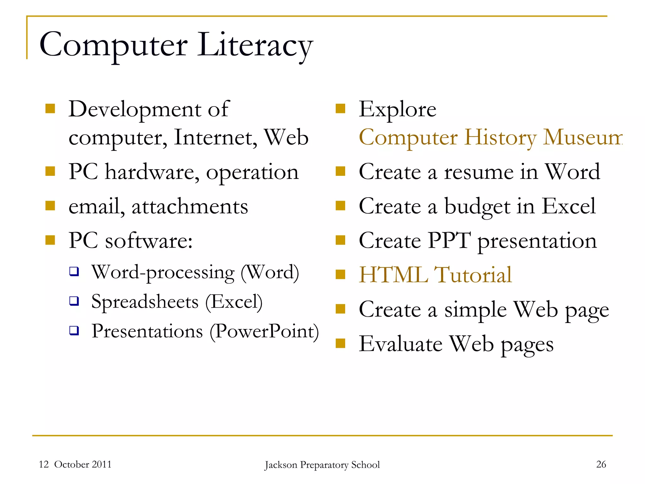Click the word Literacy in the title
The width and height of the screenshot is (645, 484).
tap(255, 46)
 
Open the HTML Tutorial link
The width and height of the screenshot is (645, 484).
tap(435, 275)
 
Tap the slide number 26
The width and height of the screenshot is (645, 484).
tap(601, 464)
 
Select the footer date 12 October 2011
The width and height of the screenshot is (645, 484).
tap(75, 464)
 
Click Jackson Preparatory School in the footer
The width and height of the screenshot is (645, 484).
tap(322, 465)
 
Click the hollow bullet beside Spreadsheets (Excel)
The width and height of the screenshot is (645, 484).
tap(74, 301)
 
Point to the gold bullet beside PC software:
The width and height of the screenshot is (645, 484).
tap(50, 240)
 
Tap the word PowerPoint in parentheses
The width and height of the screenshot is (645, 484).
tap(264, 331)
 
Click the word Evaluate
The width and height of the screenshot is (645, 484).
tap(401, 344)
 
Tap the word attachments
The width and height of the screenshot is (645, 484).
tap(190, 207)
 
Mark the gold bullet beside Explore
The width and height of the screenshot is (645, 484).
tap(340, 109)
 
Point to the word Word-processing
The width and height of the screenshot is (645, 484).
tap(163, 272)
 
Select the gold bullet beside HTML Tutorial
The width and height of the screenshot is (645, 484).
tap(340, 274)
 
